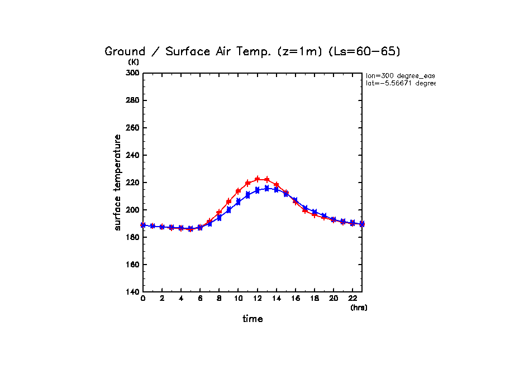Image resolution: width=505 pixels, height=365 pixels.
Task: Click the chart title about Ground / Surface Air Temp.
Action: (x=252, y=51)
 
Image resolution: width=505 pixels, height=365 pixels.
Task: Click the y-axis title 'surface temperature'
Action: (x=117, y=182)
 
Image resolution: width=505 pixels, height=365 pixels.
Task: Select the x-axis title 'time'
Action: (x=252, y=319)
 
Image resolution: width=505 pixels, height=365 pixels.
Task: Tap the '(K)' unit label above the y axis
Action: (x=134, y=63)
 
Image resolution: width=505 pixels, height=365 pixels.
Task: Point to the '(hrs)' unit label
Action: (x=359, y=308)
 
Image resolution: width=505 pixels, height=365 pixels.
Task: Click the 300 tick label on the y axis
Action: (x=132, y=73)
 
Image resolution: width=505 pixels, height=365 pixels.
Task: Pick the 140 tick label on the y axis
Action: (x=132, y=292)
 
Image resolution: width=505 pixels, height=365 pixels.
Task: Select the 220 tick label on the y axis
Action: (x=132, y=182)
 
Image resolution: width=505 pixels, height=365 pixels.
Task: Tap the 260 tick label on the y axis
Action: (x=132, y=128)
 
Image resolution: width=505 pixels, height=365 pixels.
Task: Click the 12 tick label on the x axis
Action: (x=257, y=299)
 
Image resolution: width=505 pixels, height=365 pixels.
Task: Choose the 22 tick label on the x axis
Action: (x=352, y=299)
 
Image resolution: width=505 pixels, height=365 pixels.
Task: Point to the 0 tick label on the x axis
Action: (x=143, y=299)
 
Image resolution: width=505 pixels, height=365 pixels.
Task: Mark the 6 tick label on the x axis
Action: (x=200, y=299)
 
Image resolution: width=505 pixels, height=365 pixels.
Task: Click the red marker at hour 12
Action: (x=257, y=179)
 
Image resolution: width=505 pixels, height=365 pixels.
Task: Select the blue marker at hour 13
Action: (x=266, y=189)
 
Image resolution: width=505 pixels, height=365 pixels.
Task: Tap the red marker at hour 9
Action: (x=228, y=201)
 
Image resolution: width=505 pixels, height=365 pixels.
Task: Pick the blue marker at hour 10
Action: (x=238, y=202)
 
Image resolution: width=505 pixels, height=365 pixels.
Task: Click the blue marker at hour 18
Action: (x=314, y=212)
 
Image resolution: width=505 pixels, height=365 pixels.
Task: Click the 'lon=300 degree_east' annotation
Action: (x=400, y=75)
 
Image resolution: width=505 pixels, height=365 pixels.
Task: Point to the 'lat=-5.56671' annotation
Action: (x=400, y=83)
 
